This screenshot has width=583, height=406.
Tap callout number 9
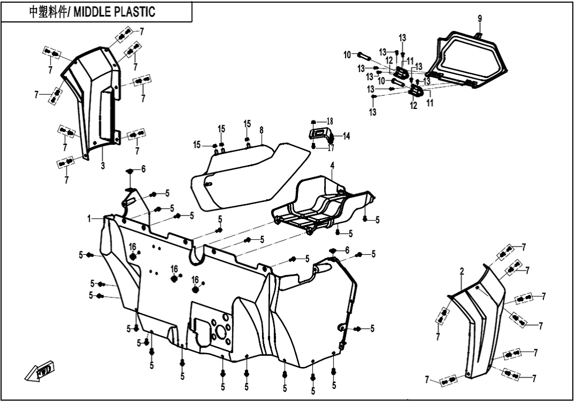click(x=480, y=19)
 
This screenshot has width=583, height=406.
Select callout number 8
click(x=262, y=130)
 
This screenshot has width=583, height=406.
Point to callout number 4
click(x=332, y=166)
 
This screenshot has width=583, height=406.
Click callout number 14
click(x=346, y=137)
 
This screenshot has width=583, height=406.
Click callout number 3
click(x=103, y=166)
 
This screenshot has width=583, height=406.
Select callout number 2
click(x=462, y=272)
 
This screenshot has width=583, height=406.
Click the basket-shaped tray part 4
click(x=316, y=206)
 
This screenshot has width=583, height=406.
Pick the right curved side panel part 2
click(x=481, y=321)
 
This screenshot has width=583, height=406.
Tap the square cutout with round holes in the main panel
click(x=211, y=329)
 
